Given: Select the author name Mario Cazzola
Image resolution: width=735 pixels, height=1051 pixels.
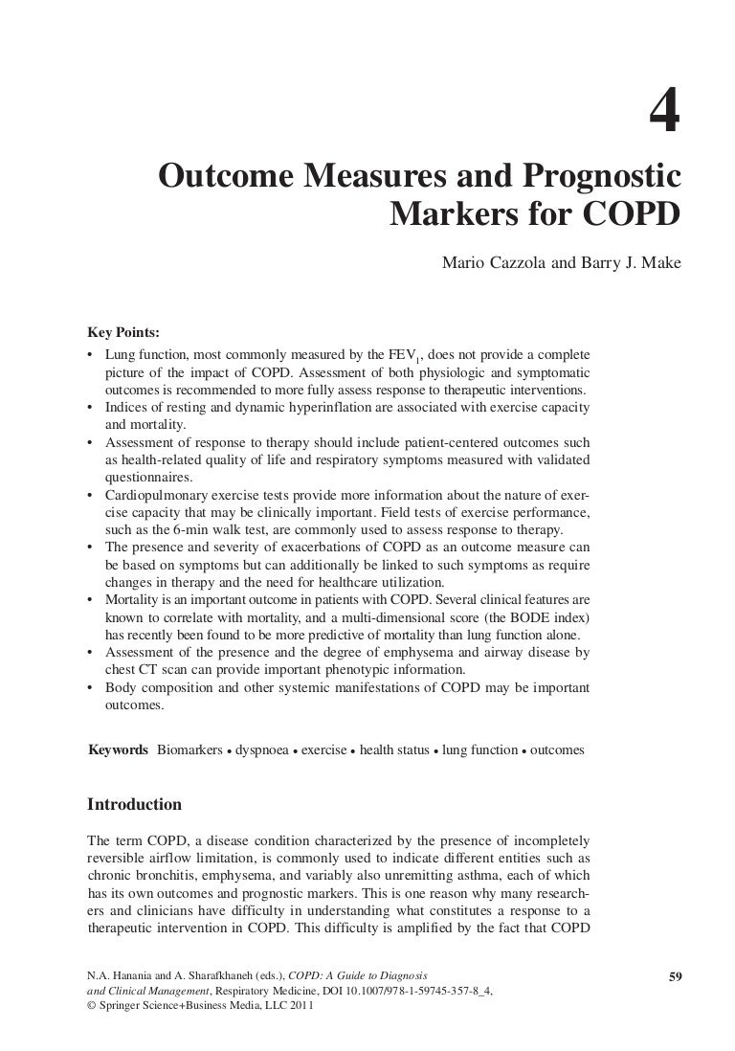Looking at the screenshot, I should [x=487, y=259].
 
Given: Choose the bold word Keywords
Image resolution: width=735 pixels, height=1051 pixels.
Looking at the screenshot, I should [x=118, y=750].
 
